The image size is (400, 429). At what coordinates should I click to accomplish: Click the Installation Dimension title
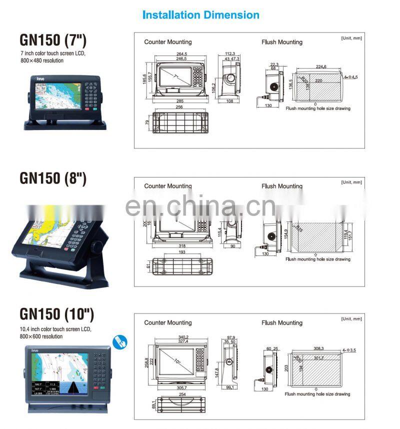[201, 15]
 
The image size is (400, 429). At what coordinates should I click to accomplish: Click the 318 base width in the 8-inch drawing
[183, 246]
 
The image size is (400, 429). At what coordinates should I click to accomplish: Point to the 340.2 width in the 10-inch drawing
[181, 336]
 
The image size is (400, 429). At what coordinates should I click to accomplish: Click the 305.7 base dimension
[182, 387]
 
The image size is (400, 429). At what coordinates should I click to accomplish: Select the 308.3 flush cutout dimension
[318, 348]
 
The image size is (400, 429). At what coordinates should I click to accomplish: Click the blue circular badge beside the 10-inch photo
[120, 342]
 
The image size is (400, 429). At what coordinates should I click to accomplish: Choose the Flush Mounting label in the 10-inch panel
[281, 322]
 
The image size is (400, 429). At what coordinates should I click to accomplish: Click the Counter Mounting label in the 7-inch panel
[167, 42]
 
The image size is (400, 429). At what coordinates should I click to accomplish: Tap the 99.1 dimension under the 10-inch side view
[230, 387]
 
